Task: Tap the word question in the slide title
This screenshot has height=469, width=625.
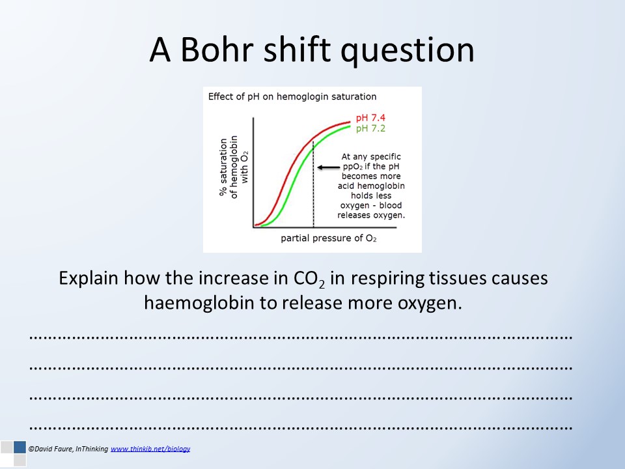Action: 407,52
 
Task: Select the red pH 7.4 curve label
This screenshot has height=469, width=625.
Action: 370,118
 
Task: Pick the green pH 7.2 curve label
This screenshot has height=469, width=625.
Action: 370,128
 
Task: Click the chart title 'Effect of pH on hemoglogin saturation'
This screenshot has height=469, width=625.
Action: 292,97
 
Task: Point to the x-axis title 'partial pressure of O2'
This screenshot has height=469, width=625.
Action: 328,238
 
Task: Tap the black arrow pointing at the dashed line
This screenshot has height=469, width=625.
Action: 328,167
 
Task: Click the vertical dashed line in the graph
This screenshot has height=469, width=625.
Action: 313,184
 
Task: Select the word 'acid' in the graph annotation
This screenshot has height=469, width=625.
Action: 346,186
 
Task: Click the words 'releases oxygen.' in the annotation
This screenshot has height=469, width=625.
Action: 371,216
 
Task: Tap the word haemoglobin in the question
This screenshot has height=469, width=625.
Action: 199,304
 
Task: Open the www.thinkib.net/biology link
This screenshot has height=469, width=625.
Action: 150,449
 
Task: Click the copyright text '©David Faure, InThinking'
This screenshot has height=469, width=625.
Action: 68,449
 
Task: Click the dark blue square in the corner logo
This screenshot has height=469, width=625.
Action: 20,447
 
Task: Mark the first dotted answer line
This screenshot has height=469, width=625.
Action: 301,337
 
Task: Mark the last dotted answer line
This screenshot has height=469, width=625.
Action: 301,429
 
